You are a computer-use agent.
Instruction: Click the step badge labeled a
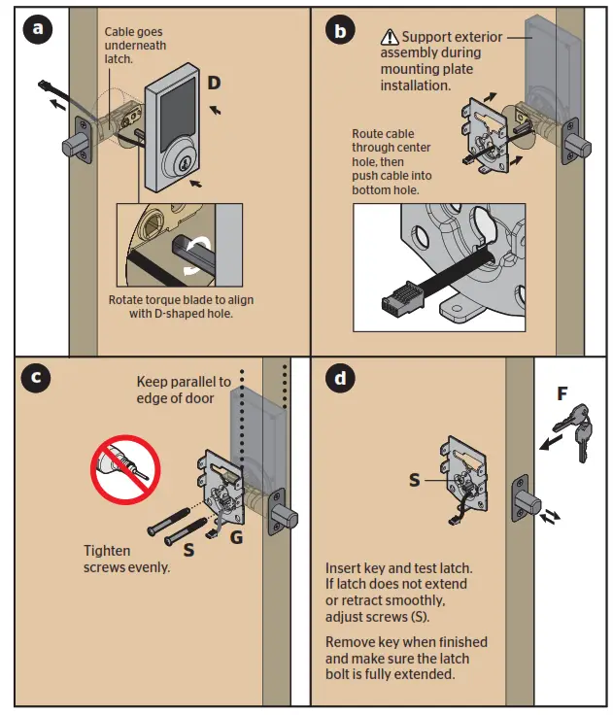coord(38,30)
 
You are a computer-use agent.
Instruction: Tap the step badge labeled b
coord(339,31)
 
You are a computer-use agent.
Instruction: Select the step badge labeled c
coord(38,380)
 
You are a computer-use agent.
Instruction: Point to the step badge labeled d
coord(339,380)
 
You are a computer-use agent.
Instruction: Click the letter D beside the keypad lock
coord(214,84)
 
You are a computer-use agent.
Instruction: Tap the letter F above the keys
coord(562,394)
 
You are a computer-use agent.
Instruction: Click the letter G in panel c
coord(236,537)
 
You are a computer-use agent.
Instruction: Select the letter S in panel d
coord(415,480)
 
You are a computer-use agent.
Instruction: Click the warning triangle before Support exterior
coord(390,37)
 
